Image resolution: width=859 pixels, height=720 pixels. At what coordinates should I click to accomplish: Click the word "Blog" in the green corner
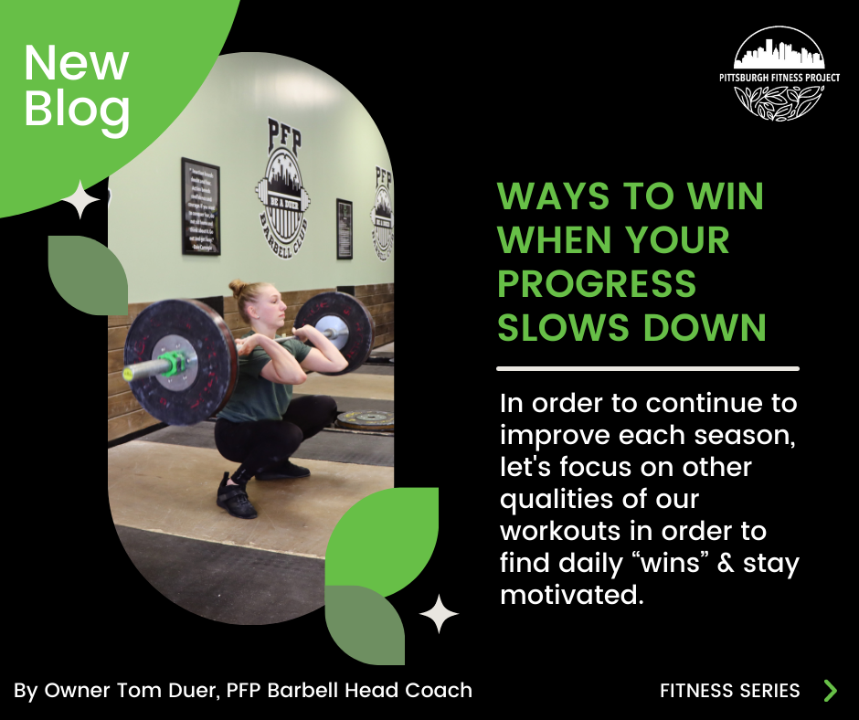pyautogui.click(x=77, y=109)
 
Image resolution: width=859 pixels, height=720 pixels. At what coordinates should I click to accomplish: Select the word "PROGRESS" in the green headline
pyautogui.click(x=597, y=283)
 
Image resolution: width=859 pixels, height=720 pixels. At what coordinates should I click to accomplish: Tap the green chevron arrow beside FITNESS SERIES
pyautogui.click(x=830, y=690)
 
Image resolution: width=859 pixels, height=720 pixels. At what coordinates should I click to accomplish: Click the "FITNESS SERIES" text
pyautogui.click(x=729, y=691)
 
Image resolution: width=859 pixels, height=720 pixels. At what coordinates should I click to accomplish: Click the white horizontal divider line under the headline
pyautogui.click(x=647, y=369)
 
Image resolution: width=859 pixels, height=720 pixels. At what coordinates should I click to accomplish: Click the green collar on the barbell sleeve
pyautogui.click(x=172, y=365)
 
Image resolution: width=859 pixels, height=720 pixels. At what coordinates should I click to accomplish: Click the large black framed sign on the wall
pyautogui.click(x=200, y=206)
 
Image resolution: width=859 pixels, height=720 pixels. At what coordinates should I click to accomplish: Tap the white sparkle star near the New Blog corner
pyautogui.click(x=81, y=200)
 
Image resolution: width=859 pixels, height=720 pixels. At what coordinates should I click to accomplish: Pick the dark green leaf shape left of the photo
pyautogui.click(x=88, y=275)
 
